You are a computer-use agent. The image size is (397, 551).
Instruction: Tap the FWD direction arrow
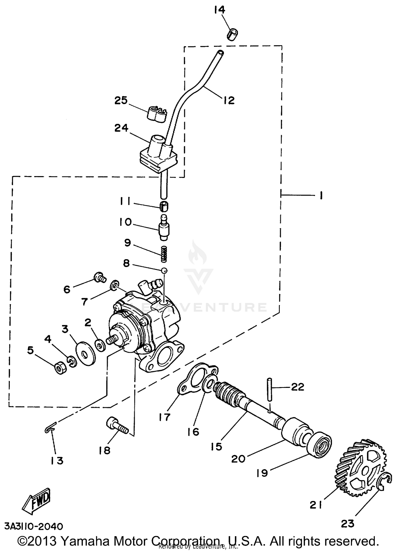pyautogui.click(x=36, y=501)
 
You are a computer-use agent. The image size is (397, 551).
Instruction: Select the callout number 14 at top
pyautogui.click(x=219, y=10)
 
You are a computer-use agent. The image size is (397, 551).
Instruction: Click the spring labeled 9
pyautogui.click(x=164, y=254)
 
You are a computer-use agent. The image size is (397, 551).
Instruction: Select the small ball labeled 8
pyautogui.click(x=164, y=270)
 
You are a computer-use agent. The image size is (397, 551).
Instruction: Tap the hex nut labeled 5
pyautogui.click(x=60, y=368)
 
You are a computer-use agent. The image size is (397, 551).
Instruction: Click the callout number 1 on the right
pyautogui.click(x=321, y=196)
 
